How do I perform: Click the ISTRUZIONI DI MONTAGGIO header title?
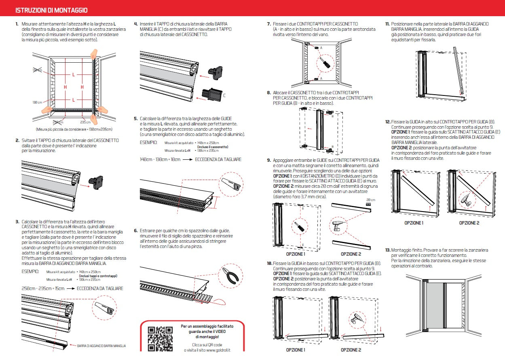click(51, 10)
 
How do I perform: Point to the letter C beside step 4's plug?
click(224, 96)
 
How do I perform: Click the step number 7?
click(268, 24)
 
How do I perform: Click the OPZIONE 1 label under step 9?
click(296, 254)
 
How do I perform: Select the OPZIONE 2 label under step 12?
click(469, 223)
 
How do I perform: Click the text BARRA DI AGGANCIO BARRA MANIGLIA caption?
click(101, 346)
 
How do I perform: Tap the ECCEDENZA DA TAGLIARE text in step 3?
click(100, 288)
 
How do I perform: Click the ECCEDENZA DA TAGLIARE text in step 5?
click(218, 159)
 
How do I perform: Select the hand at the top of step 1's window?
click(93, 53)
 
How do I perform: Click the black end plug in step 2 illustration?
click(97, 181)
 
